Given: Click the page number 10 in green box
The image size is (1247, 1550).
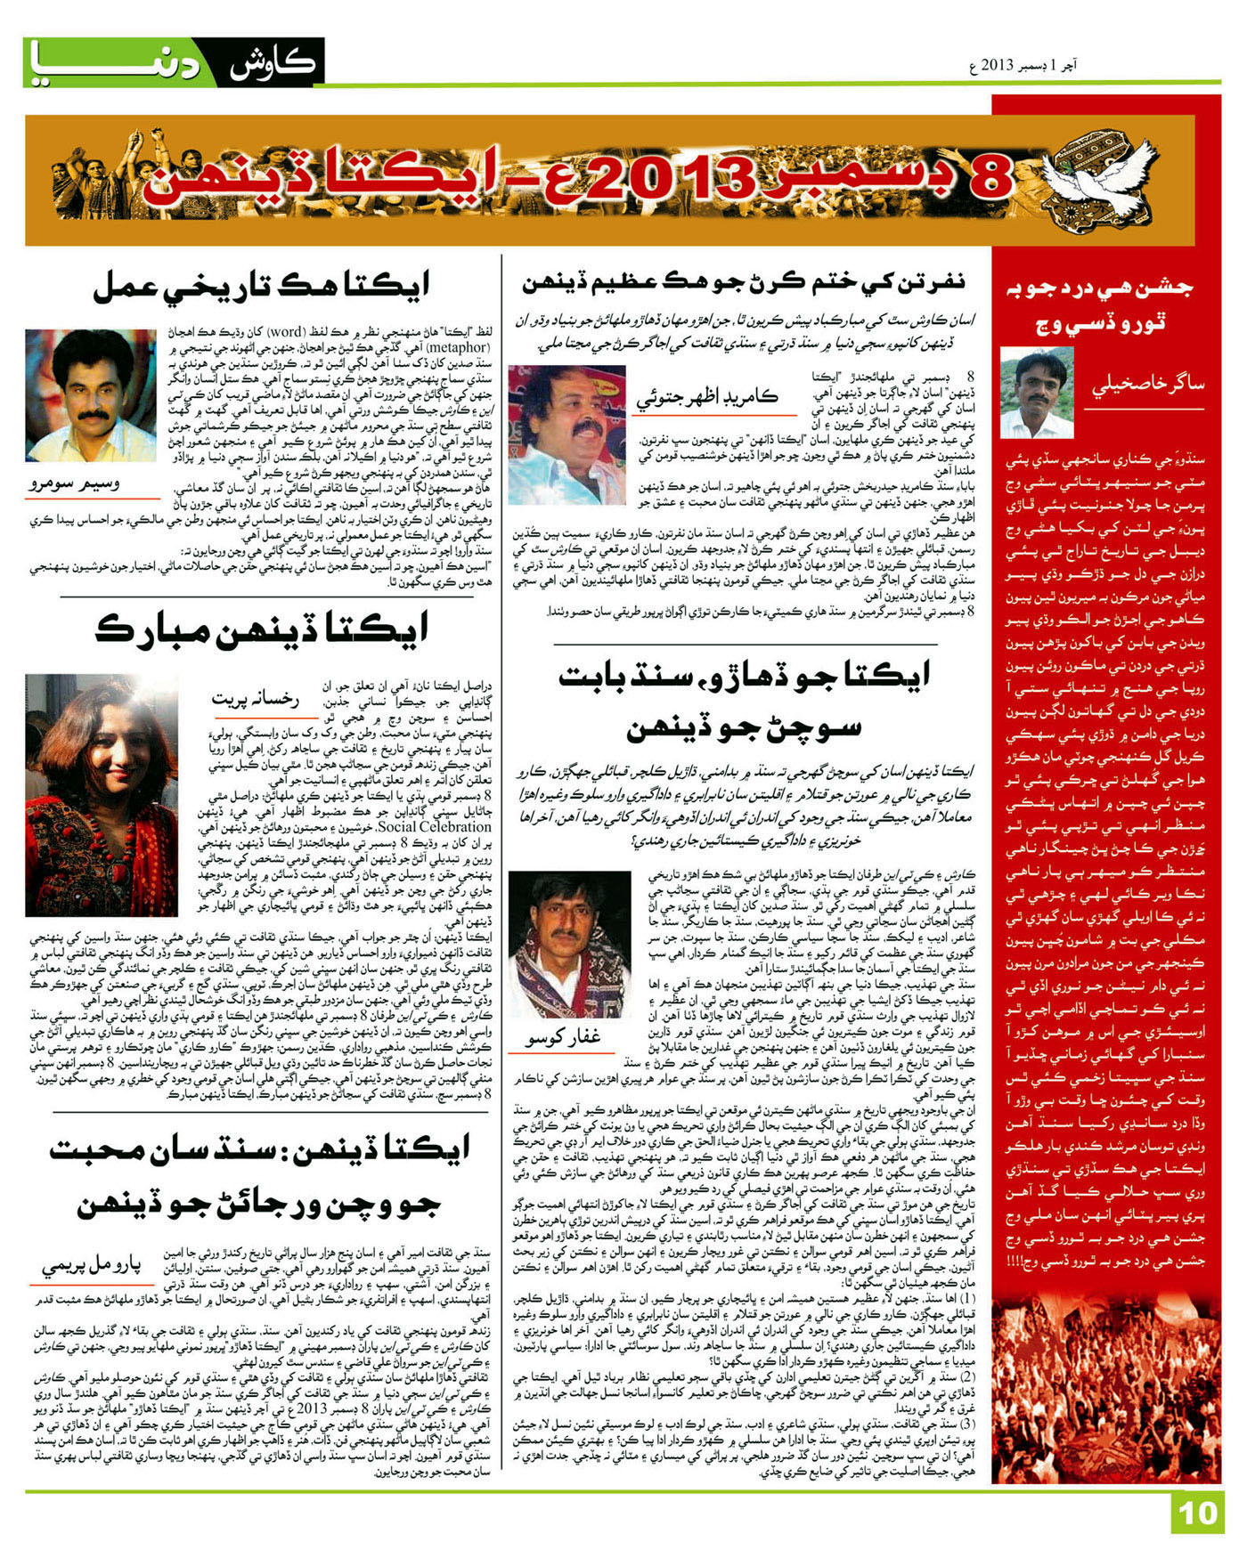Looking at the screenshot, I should tap(1198, 1513).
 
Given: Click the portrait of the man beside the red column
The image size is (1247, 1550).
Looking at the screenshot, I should tap(1037, 393).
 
